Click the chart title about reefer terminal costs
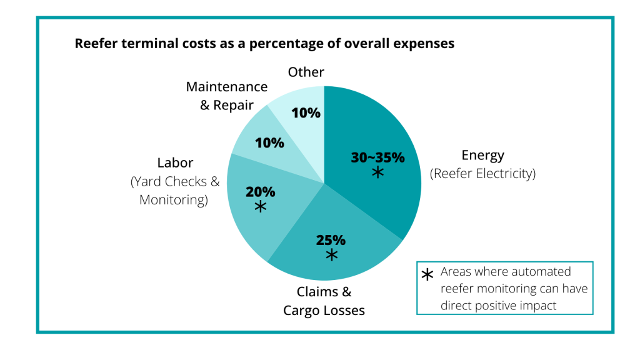coord(264,44)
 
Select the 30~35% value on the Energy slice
coord(377,157)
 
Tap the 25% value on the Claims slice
coord(331,240)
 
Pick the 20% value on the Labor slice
coord(261,192)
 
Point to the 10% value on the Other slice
coord(307,113)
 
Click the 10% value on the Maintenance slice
coord(270,142)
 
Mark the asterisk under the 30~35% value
coord(377,172)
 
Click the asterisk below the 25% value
coord(331,255)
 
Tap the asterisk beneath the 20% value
coord(261,207)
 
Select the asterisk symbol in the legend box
coord(427,275)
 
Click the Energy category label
coord(482,156)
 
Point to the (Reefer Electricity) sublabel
coord(482,174)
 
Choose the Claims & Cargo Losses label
coord(324,301)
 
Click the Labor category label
coord(175,163)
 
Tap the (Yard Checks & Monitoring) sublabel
coord(175,191)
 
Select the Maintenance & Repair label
coord(227,96)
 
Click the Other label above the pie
coord(306,72)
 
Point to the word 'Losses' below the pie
coord(344,311)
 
